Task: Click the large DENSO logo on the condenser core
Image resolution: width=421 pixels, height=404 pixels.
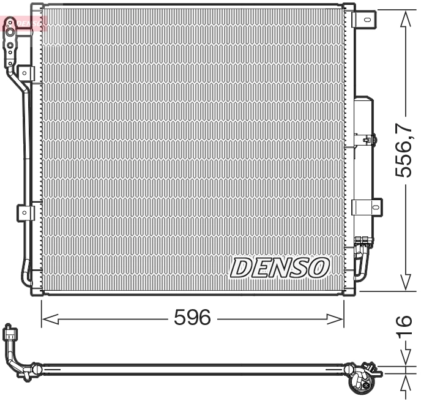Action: click(x=280, y=267)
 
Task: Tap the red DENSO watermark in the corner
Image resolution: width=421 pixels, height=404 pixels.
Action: click(x=24, y=23)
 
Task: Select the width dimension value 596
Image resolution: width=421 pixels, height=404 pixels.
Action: click(x=192, y=317)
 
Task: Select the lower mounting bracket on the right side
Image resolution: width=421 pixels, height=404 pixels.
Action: click(x=369, y=207)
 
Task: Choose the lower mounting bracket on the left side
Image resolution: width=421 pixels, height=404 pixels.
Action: click(x=24, y=212)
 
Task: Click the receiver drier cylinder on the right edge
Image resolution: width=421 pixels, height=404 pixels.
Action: click(x=363, y=165)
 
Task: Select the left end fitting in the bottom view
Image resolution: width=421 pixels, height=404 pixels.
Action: click(x=11, y=335)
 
